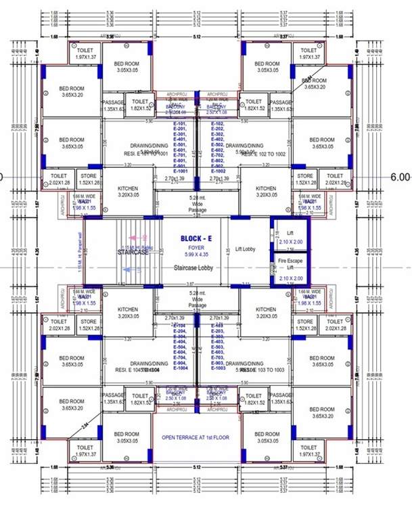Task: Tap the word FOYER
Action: pyautogui.click(x=197, y=246)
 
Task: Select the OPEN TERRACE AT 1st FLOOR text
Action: pyautogui.click(x=196, y=437)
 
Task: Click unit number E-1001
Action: pyautogui.click(x=181, y=171)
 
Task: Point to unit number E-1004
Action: pyautogui.click(x=180, y=368)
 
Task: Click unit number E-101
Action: pyautogui.click(x=180, y=124)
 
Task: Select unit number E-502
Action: pyautogui.click(x=217, y=144)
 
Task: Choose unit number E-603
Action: pyautogui.click(x=217, y=347)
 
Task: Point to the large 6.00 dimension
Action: pyautogui.click(x=399, y=177)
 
